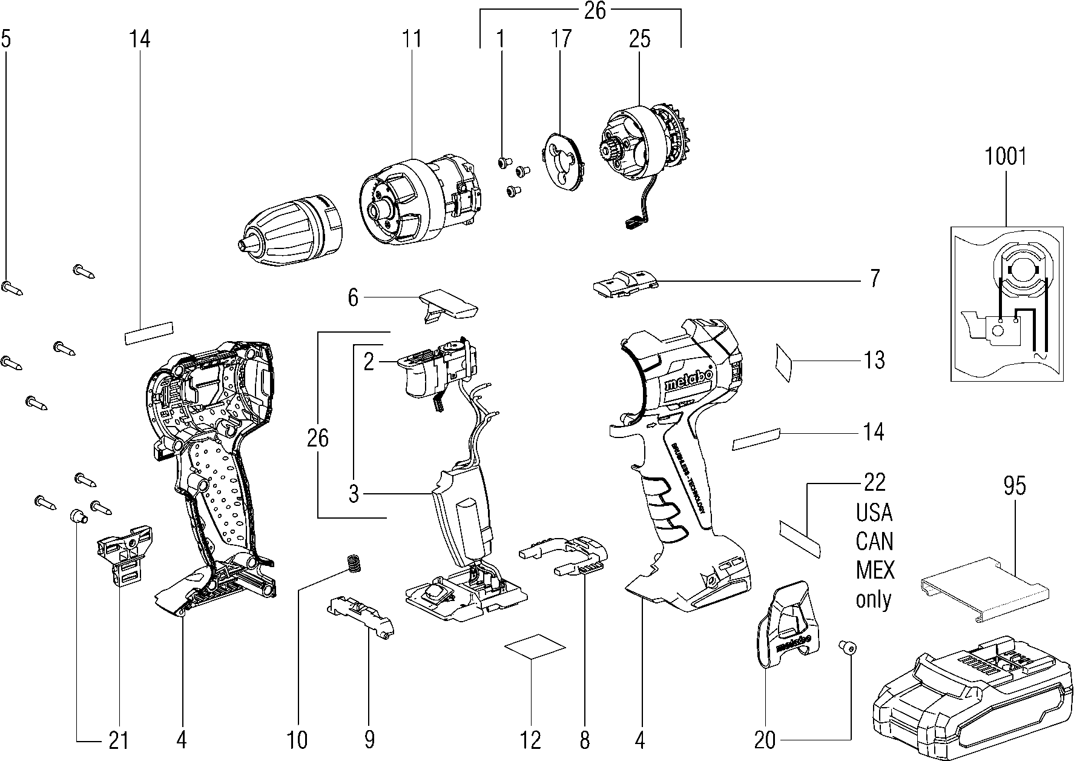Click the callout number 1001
pyautogui.click(x=1006, y=157)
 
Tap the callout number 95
pyautogui.click(x=1015, y=487)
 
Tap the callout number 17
pyautogui.click(x=561, y=39)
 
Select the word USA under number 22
pyautogui.click(x=874, y=513)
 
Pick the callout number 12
pyautogui.click(x=530, y=740)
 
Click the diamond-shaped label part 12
pyautogui.click(x=536, y=646)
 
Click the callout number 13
pyautogui.click(x=874, y=361)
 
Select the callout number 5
pyautogui.click(x=6, y=39)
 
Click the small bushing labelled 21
pyautogui.click(x=77, y=516)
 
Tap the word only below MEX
pyautogui.click(x=874, y=599)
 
